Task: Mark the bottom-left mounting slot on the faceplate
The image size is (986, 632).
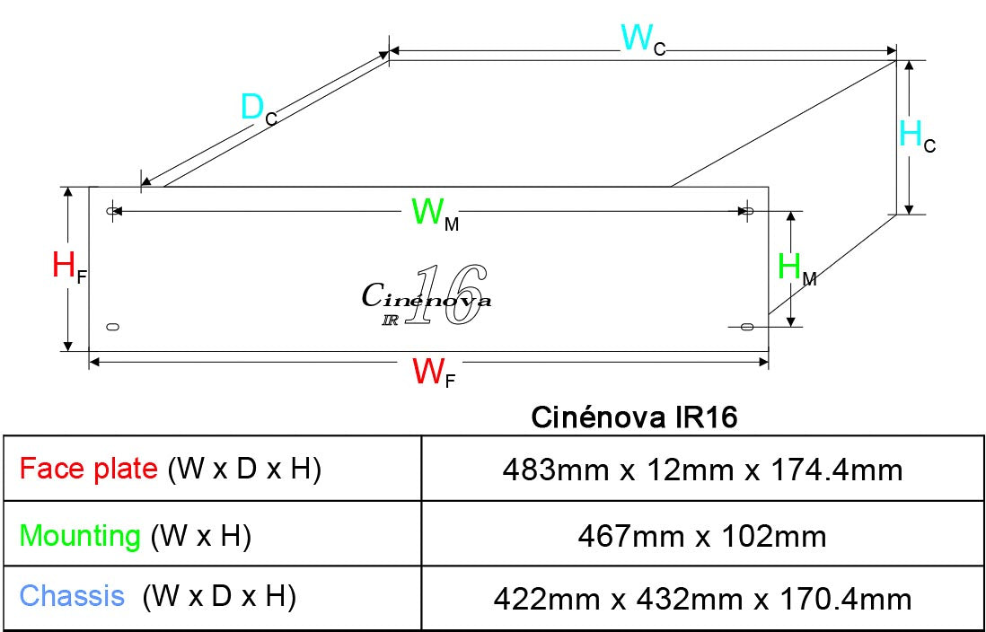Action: click(x=113, y=328)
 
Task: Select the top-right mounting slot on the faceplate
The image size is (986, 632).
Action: click(x=746, y=212)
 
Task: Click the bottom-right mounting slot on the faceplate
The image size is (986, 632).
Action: click(x=746, y=328)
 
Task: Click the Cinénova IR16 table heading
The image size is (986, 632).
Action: click(x=634, y=417)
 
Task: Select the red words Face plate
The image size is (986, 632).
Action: click(x=88, y=469)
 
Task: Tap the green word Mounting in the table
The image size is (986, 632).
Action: click(x=80, y=536)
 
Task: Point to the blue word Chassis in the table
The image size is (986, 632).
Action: click(x=72, y=596)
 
